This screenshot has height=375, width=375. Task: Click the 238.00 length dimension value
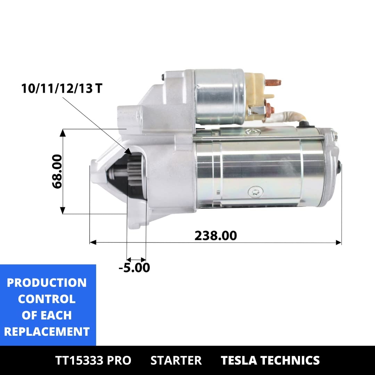click(216, 235)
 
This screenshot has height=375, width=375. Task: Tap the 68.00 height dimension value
click(57, 172)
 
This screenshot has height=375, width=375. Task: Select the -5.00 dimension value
click(134, 267)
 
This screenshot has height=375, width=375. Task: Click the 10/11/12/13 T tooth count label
click(62, 88)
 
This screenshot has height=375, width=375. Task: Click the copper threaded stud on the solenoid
click(273, 83)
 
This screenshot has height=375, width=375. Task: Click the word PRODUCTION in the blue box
click(47, 283)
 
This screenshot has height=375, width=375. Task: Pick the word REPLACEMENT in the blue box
click(47, 332)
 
